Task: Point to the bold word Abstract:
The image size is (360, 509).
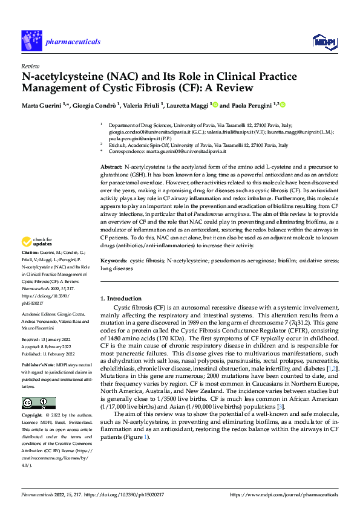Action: point(111,166)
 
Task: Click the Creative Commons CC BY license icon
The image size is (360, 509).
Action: point(38,403)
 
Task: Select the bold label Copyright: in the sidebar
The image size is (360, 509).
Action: point(33,416)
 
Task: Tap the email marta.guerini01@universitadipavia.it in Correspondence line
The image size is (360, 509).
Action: point(183,152)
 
